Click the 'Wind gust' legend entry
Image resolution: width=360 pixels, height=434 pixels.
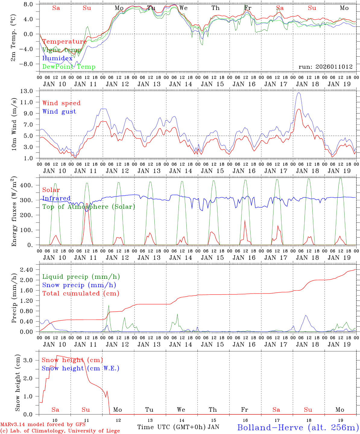[x=59, y=112]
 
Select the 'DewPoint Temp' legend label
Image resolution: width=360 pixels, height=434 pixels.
[x=69, y=67]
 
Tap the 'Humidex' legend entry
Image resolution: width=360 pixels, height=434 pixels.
[x=57, y=58]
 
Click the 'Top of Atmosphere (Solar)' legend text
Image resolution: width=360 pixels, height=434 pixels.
[x=89, y=207]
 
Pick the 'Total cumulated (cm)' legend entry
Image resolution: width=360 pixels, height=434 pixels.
[x=81, y=293]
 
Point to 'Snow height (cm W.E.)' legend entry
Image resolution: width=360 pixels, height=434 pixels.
[x=81, y=368]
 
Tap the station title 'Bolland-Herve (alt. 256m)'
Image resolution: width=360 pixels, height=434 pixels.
[x=298, y=427]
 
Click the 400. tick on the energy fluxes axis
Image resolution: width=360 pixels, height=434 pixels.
[x=26, y=185]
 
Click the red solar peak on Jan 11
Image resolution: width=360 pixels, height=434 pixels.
[x=87, y=204]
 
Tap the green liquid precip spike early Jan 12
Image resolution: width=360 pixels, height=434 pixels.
[x=109, y=306]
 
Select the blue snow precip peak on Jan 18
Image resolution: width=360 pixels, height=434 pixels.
[x=306, y=315]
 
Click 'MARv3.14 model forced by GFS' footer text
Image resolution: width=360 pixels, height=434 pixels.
[x=43, y=424]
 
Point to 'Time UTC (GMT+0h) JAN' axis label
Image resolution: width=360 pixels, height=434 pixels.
[x=178, y=427]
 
